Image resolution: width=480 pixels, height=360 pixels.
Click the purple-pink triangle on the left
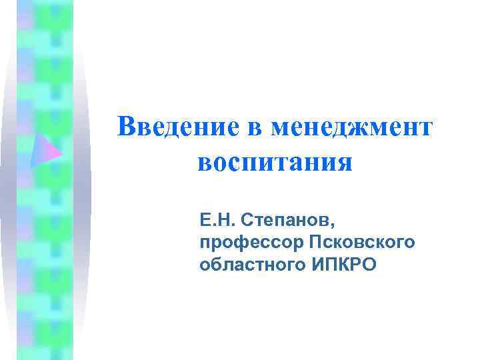click(44, 149)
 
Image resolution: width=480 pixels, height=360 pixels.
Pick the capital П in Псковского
click(313, 241)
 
